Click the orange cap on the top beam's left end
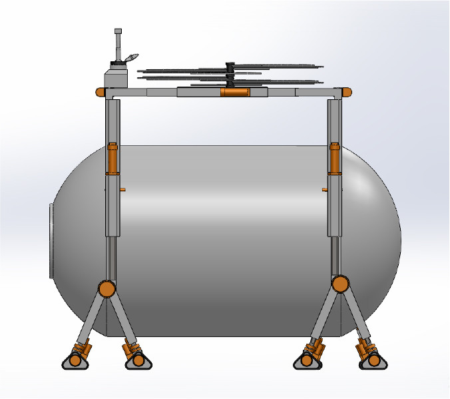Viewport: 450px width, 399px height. pos(100,92)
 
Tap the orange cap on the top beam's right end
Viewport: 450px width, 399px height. pos(346,92)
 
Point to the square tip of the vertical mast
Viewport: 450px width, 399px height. pos(118,31)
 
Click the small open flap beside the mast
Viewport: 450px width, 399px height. pos(132,57)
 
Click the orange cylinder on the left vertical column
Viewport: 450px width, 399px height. pos(112,159)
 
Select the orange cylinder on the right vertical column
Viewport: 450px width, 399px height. pos(335,159)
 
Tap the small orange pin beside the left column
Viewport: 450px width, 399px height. pos(123,190)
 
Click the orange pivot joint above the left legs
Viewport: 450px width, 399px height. pos(106,288)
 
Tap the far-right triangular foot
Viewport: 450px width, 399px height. pos(373,360)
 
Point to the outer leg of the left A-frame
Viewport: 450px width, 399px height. pos(90,320)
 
